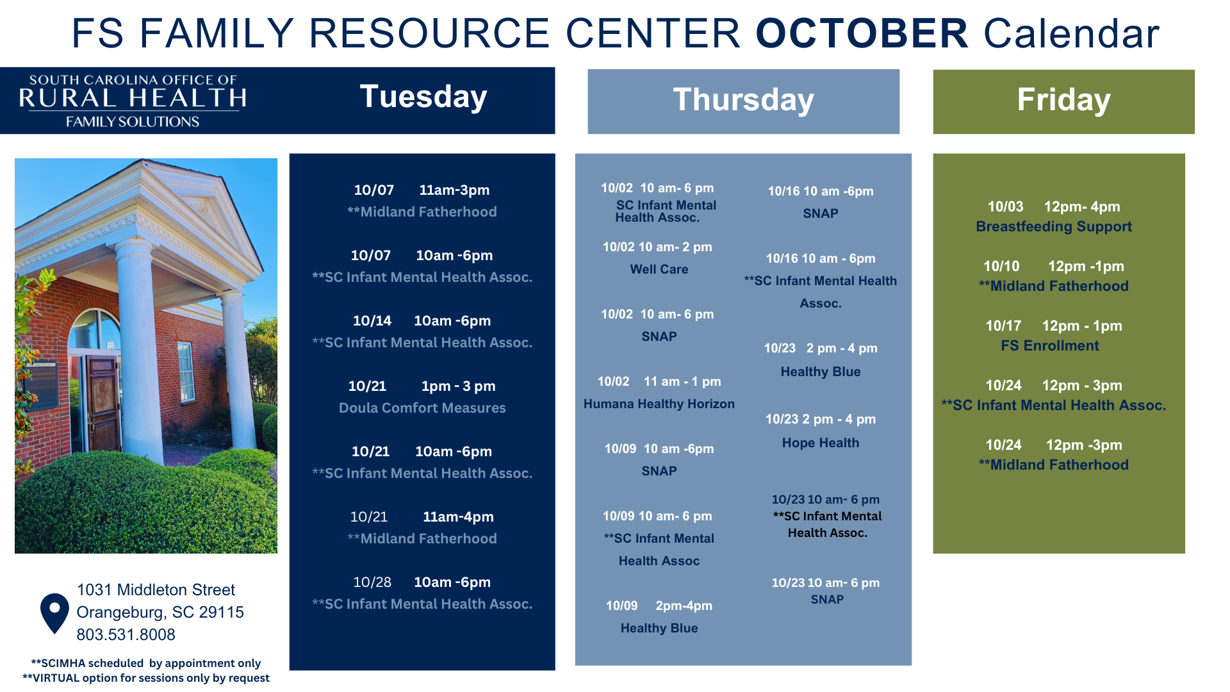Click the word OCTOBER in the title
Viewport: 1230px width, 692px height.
point(862,33)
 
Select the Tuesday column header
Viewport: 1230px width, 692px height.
point(423,97)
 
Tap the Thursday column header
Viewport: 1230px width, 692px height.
point(743,100)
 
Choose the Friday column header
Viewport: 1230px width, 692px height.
point(1063,100)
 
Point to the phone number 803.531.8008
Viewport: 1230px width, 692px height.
point(126,634)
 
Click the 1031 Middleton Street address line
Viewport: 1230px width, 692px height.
point(156,589)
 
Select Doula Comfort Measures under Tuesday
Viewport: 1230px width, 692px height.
point(422,408)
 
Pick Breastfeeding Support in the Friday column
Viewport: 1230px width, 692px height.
point(1054,226)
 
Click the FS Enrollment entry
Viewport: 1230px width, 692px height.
point(1049,345)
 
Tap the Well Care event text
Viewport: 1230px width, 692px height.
point(659,269)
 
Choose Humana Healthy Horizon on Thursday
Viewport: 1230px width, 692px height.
point(659,404)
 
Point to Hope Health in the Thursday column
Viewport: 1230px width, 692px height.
point(820,443)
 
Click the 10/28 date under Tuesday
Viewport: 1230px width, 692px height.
point(372,582)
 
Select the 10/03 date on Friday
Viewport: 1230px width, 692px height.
point(1005,206)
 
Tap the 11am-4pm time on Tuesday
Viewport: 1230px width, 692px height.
point(458,516)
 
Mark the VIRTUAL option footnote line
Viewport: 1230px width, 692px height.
point(146,678)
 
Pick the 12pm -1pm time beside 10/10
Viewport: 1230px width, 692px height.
point(1086,266)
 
